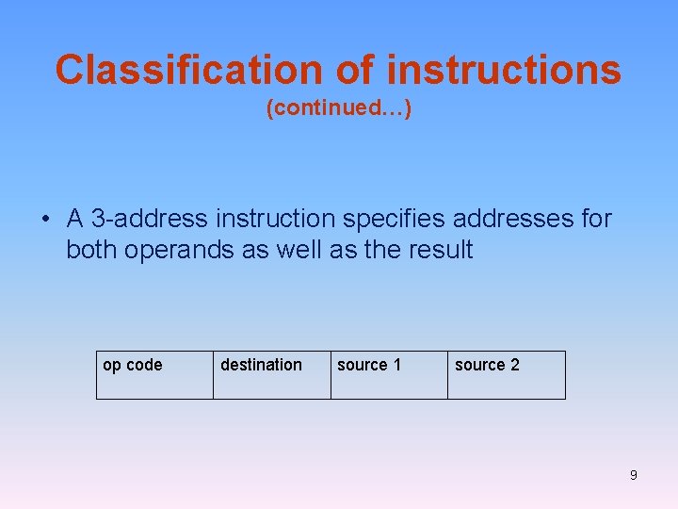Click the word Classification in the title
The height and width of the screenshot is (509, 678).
[186, 70]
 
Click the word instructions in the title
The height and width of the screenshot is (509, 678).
[504, 70]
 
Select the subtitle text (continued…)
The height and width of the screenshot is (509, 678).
[339, 109]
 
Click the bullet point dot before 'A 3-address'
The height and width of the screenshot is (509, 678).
[45, 220]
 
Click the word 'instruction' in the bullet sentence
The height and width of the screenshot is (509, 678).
[275, 220]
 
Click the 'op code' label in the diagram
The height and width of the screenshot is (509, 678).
[132, 365]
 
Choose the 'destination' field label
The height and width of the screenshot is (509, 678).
[261, 365]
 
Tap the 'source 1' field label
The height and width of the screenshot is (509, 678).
[369, 365]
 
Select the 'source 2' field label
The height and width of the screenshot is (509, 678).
[487, 365]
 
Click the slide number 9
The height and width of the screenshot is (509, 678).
[633, 475]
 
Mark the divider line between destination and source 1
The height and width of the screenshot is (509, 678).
[331, 375]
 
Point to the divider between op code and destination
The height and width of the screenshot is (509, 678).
[213, 375]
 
